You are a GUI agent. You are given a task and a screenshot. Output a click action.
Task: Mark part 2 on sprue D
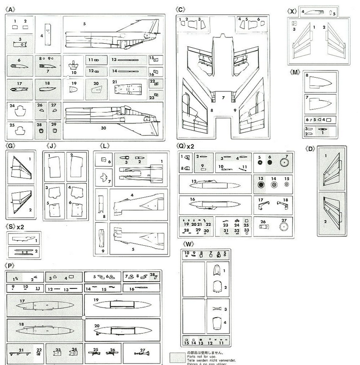click(x=331, y=213)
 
